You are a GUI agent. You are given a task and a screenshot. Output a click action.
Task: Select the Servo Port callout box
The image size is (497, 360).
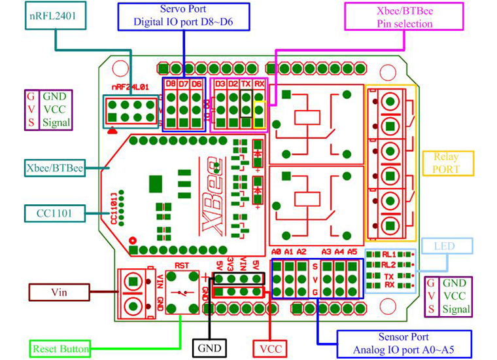tap(184, 16)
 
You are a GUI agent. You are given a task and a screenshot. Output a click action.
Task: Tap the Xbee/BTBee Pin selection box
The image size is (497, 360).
tap(405, 16)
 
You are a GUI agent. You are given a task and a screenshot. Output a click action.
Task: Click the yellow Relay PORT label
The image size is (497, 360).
tap(445, 162)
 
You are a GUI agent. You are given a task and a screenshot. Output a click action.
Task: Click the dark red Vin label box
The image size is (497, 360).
tap(59, 291)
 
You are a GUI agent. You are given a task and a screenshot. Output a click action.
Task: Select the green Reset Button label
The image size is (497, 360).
tap(61, 349)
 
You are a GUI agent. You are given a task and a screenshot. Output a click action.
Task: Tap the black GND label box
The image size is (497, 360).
tap(210, 348)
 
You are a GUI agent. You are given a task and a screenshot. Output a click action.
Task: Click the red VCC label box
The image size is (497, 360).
tap(270, 348)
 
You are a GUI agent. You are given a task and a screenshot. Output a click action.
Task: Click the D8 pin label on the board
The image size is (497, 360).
tap(170, 84)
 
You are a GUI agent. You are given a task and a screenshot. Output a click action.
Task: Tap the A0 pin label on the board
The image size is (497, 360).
tap(276, 251)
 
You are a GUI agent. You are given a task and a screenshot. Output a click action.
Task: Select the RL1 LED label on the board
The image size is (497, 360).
tap(390, 254)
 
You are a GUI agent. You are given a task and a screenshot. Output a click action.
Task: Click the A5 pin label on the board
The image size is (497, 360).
tap(352, 251)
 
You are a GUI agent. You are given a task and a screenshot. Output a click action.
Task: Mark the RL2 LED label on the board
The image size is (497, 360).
tap(390, 265)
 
